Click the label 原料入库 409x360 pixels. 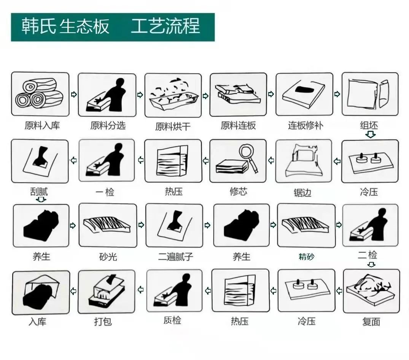[x=42, y=125]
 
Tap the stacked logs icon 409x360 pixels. [x=39, y=93]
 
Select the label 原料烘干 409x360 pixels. [x=173, y=127]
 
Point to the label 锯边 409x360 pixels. [x=302, y=193]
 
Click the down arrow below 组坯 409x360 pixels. [x=371, y=135]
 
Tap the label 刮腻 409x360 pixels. [x=39, y=192]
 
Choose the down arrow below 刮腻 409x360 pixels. [x=41, y=200]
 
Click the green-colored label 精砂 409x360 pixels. [x=307, y=257]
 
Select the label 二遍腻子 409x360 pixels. [x=175, y=257]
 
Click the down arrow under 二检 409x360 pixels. [x=371, y=265]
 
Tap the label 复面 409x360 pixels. [x=371, y=322]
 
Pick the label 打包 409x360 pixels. [x=103, y=322]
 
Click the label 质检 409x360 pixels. [x=172, y=320]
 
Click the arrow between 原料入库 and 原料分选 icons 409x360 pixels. [x=74, y=94]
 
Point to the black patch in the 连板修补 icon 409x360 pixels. [x=304, y=89]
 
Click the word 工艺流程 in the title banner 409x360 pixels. [x=166, y=26]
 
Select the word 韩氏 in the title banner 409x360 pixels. [x=38, y=26]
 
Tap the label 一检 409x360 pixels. [x=105, y=192]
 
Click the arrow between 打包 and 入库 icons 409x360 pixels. [x=73, y=291]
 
